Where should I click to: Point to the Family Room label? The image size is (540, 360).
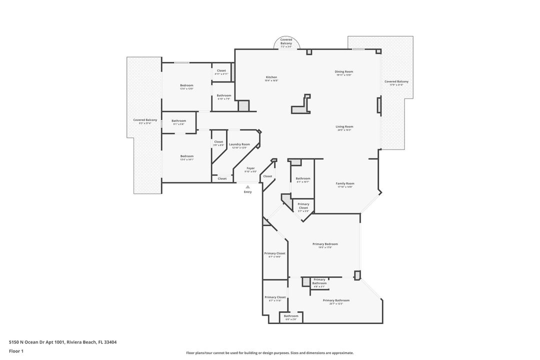(344, 184)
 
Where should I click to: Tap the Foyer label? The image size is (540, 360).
(250, 169)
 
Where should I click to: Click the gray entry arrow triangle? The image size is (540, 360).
(247, 186)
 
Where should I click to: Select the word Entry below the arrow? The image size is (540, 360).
(247, 192)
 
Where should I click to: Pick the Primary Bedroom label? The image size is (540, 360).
(325, 245)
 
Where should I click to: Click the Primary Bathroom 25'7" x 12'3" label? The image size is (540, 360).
(336, 301)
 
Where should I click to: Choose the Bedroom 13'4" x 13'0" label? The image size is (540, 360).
(186, 86)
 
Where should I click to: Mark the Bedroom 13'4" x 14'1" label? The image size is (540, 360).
(186, 157)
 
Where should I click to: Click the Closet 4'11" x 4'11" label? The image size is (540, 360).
(221, 72)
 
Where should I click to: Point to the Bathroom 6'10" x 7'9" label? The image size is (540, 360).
(224, 96)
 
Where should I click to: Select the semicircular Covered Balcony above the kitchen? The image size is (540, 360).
(286, 43)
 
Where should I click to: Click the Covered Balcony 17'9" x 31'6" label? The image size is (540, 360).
(396, 82)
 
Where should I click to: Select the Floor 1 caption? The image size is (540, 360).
(16, 351)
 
